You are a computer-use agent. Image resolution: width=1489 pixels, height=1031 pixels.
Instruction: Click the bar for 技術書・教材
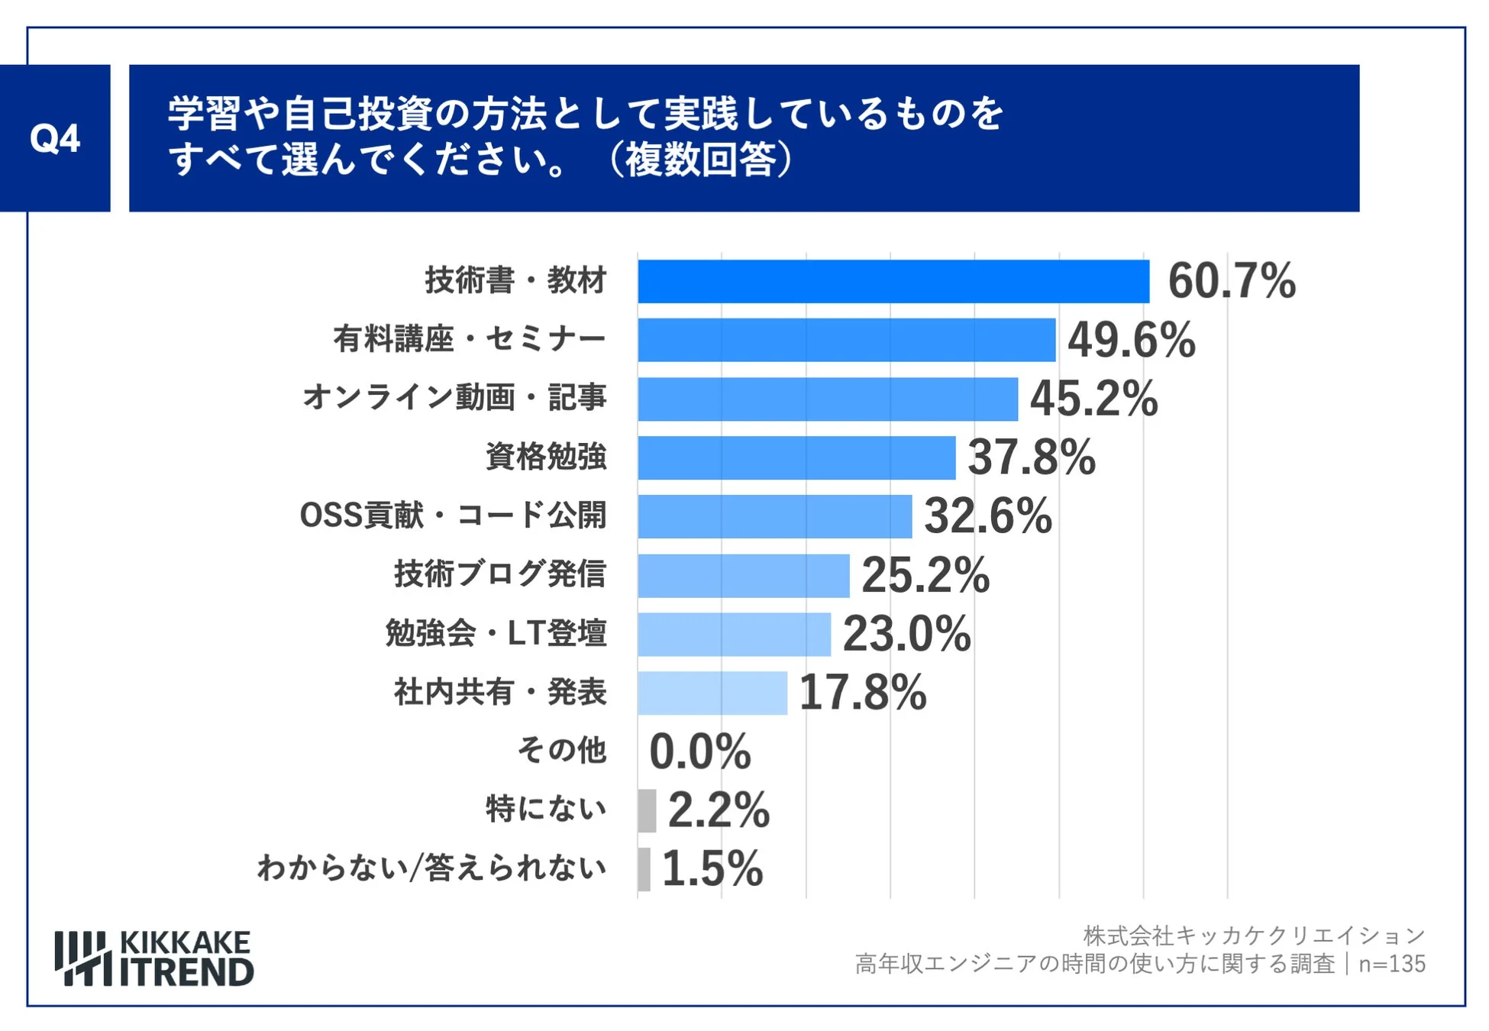tap(893, 281)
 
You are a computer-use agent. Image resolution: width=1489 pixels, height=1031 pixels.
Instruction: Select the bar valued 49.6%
tap(846, 340)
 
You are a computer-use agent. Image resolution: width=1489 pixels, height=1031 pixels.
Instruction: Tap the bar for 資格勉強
tap(796, 457)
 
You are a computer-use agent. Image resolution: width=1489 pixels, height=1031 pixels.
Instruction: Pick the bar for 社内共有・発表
tap(712, 693)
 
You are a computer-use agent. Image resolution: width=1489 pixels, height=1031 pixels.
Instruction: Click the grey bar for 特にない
tap(647, 810)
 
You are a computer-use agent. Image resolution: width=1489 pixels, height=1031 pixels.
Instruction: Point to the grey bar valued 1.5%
tap(644, 869)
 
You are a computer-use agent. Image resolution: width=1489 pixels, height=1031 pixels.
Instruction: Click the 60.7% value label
tap(1231, 281)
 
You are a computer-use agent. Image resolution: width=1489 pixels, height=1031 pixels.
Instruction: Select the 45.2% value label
tap(1093, 399)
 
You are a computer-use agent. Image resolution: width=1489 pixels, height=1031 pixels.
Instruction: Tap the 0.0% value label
tap(699, 751)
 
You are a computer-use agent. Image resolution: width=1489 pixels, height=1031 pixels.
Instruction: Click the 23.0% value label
tap(906, 634)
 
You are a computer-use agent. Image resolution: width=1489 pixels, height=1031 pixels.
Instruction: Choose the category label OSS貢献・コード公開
tap(453, 515)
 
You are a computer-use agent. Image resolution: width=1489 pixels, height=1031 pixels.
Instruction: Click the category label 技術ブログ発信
tap(499, 574)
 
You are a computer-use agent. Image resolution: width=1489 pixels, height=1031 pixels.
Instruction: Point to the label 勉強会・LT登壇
tap(496, 633)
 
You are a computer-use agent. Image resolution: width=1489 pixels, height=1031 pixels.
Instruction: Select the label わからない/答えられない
tap(431, 868)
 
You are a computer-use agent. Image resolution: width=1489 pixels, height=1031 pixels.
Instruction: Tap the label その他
tap(561, 750)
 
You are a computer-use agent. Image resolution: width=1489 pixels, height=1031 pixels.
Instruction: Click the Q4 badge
tap(55, 138)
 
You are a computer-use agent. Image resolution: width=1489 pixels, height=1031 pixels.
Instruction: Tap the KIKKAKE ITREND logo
tap(154, 958)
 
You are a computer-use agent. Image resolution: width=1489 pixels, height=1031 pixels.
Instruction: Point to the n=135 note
tap(1391, 964)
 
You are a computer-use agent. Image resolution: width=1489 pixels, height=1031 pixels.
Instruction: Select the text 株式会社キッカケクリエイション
tap(1254, 936)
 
